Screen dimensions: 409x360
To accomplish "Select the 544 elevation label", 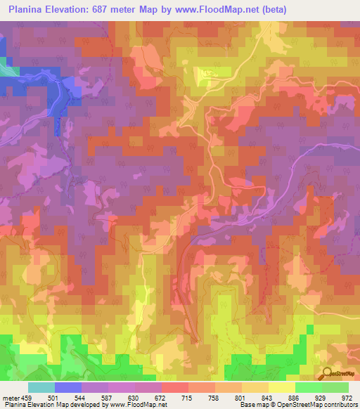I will click(82, 397).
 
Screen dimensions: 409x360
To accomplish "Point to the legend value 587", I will click(112, 397).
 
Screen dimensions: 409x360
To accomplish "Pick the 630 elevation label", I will click(142, 397).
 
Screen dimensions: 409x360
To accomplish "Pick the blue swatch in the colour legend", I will click(68, 387).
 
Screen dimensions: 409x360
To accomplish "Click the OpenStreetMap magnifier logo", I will click(326, 374).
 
